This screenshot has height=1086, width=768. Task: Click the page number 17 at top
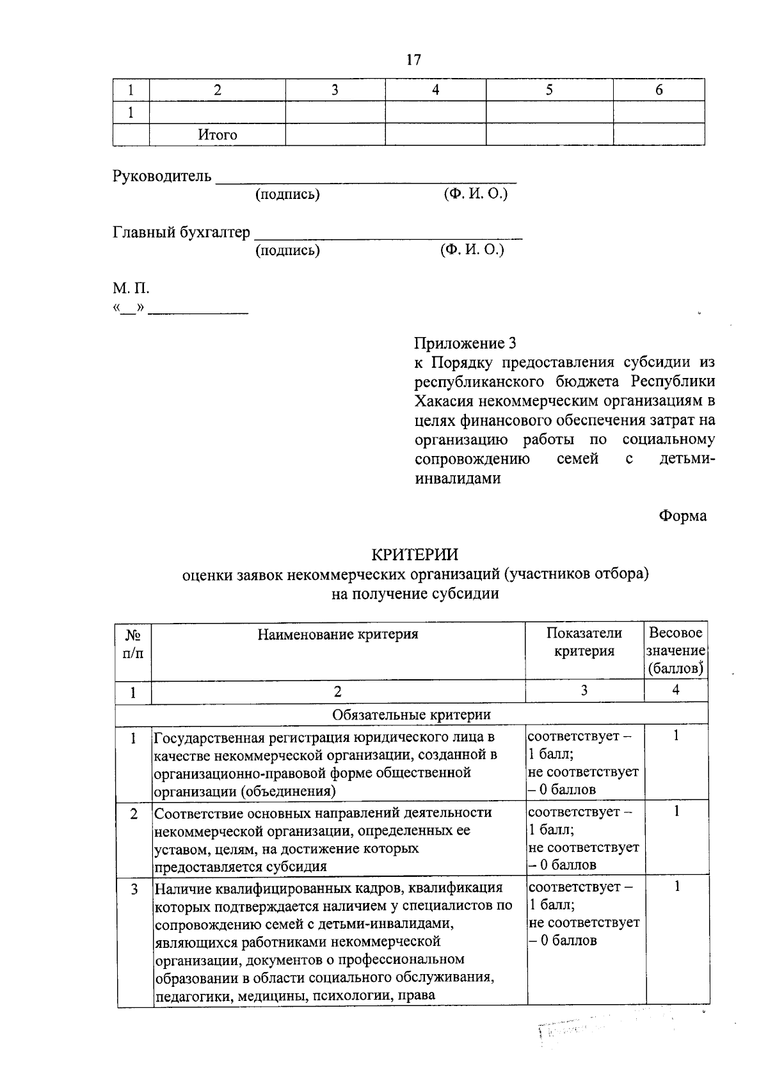tap(413, 59)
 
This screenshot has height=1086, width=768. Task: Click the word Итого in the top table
tap(217, 135)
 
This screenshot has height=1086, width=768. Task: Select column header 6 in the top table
tap(659, 90)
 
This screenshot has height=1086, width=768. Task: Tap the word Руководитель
tap(162, 176)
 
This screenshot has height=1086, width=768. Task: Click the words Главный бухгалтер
tap(182, 232)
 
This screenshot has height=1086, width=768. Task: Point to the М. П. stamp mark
tap(131, 288)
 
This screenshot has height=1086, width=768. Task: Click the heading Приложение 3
tap(465, 343)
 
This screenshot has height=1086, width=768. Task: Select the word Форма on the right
tap(683, 515)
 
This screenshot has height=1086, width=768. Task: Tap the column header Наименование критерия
tap(338, 634)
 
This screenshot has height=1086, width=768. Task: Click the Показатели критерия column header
tap(584, 642)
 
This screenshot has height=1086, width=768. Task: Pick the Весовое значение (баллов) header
tap(675, 650)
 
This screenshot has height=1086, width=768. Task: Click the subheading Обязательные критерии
tap(412, 714)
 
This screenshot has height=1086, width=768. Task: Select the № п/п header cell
tap(133, 644)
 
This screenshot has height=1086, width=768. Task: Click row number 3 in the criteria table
tap(134, 889)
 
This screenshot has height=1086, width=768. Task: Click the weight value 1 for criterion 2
tap(676, 811)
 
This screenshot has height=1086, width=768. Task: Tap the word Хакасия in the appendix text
tap(444, 401)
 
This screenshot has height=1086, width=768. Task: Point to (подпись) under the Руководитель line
tap(287, 194)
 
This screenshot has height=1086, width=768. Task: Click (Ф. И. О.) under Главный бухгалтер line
tap(472, 250)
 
